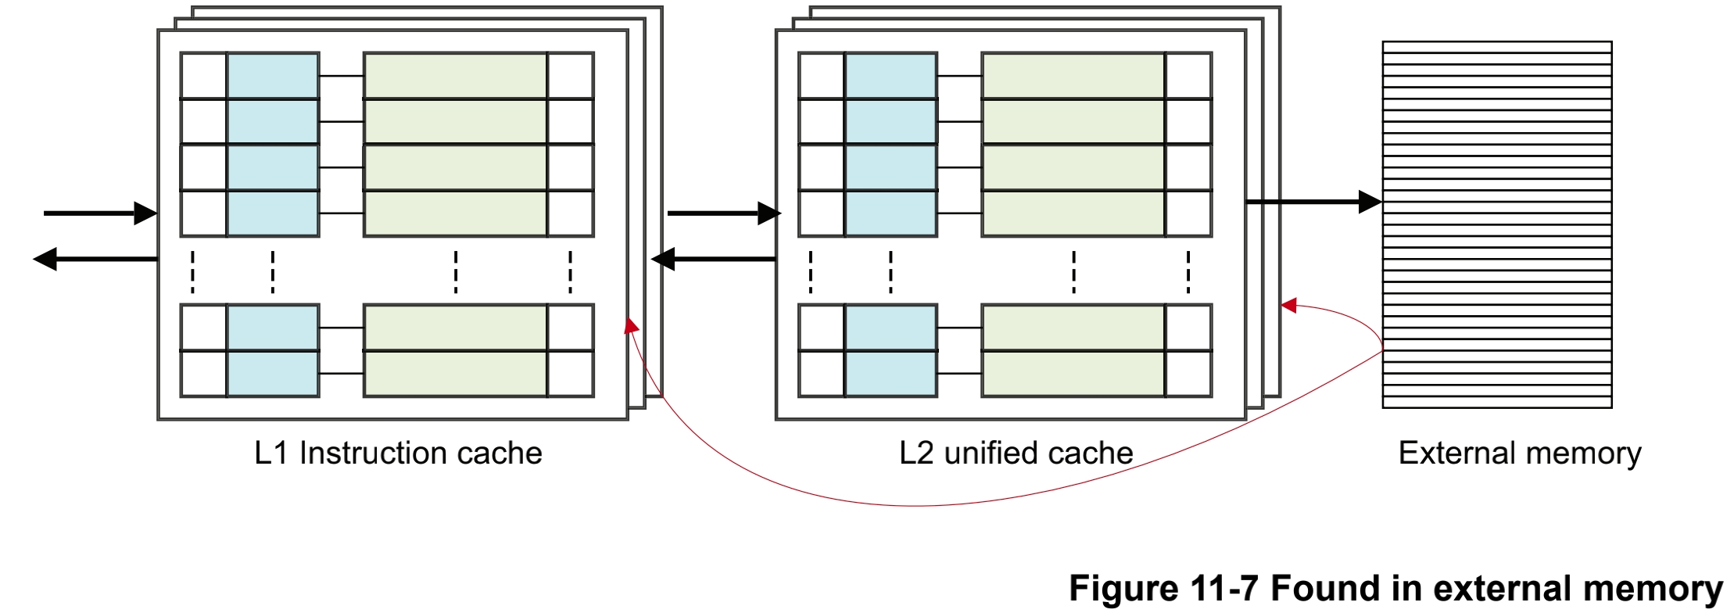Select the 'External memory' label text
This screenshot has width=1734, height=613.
1519,453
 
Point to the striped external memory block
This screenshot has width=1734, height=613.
1496,224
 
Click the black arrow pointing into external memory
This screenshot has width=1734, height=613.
1313,202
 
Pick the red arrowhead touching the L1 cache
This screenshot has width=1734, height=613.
630,325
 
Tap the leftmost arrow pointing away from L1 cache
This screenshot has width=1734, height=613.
94,259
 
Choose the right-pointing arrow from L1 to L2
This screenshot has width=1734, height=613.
723,213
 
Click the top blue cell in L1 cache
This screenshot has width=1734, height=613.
273,76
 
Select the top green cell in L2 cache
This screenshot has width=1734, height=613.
1073,76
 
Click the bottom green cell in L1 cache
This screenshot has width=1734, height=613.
455,374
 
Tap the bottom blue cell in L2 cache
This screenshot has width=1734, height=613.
890,374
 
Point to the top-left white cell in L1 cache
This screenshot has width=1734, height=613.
203,76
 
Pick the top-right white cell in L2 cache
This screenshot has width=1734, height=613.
1188,76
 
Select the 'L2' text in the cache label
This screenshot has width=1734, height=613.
916,453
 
